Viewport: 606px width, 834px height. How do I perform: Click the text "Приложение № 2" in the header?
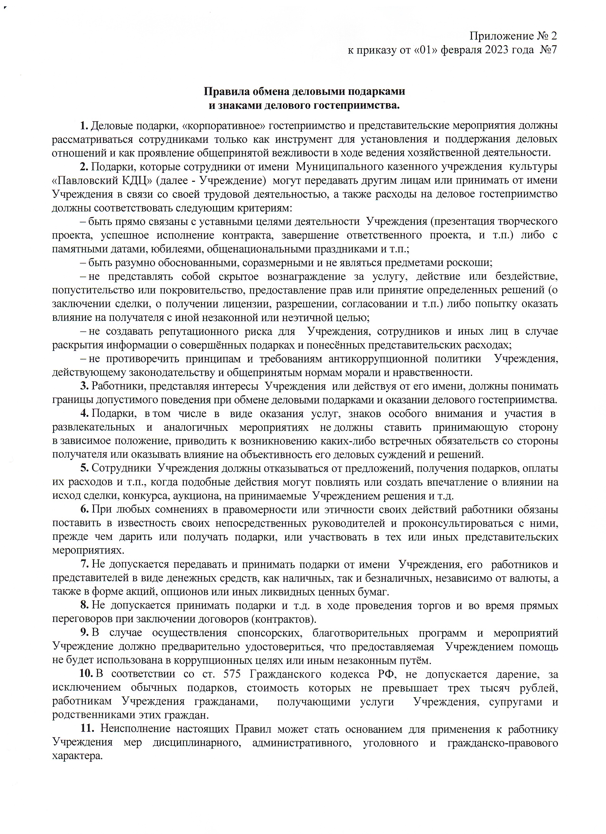[x=513, y=36]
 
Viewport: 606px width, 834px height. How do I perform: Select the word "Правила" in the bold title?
[x=226, y=92]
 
